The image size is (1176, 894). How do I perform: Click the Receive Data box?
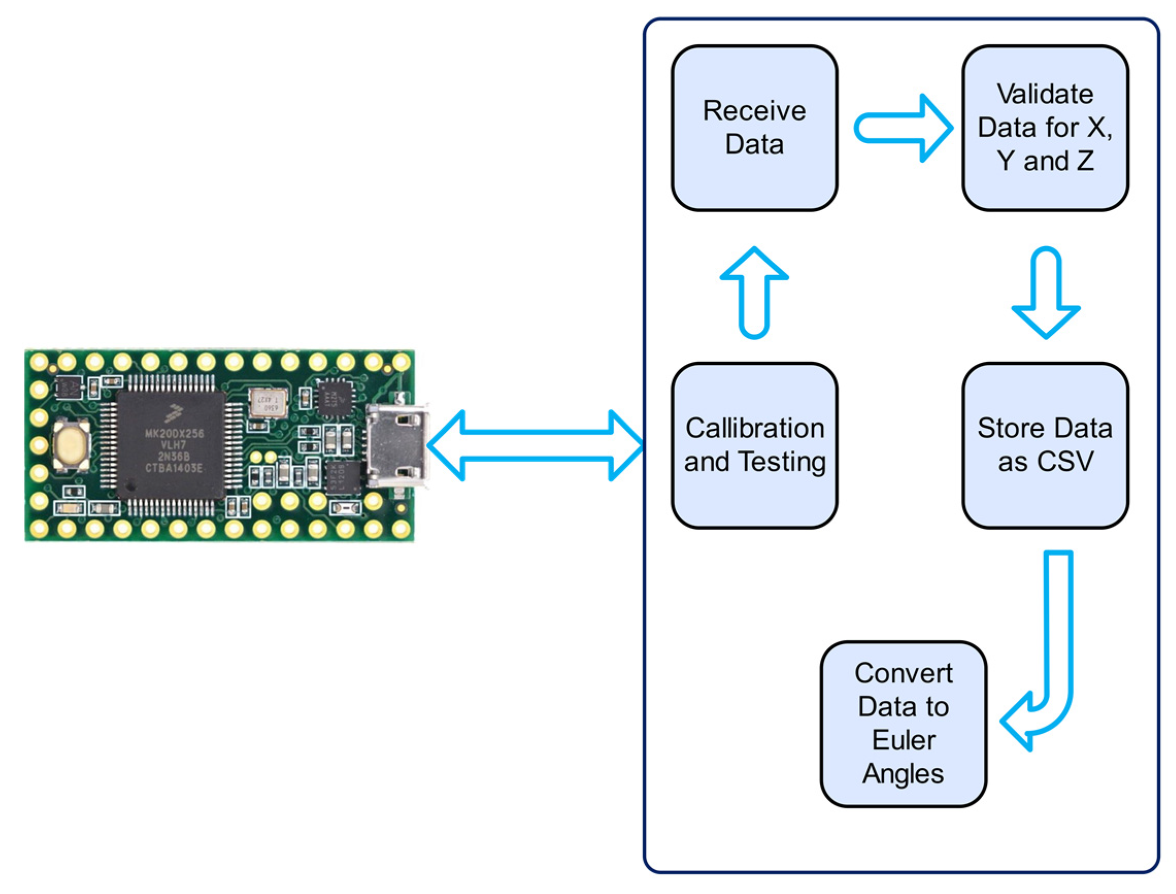pyautogui.click(x=754, y=128)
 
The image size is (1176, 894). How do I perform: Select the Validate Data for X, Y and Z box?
pyautogui.click(x=1045, y=128)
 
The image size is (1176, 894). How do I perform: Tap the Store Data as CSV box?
pyautogui.click(x=1045, y=445)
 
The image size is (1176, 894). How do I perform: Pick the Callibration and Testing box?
pyautogui.click(x=754, y=445)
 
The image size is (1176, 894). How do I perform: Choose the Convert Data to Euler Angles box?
pyautogui.click(x=903, y=724)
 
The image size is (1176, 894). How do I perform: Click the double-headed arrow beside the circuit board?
pyautogui.click(x=535, y=445)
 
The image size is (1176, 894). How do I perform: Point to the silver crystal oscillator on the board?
pyautogui.click(x=268, y=402)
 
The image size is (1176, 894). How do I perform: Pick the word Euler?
pyautogui.click(x=903, y=740)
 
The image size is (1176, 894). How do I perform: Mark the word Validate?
pyautogui.click(x=1045, y=94)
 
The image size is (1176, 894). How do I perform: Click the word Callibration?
pyautogui.click(x=754, y=428)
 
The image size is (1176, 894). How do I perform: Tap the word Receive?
pyautogui.click(x=754, y=111)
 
